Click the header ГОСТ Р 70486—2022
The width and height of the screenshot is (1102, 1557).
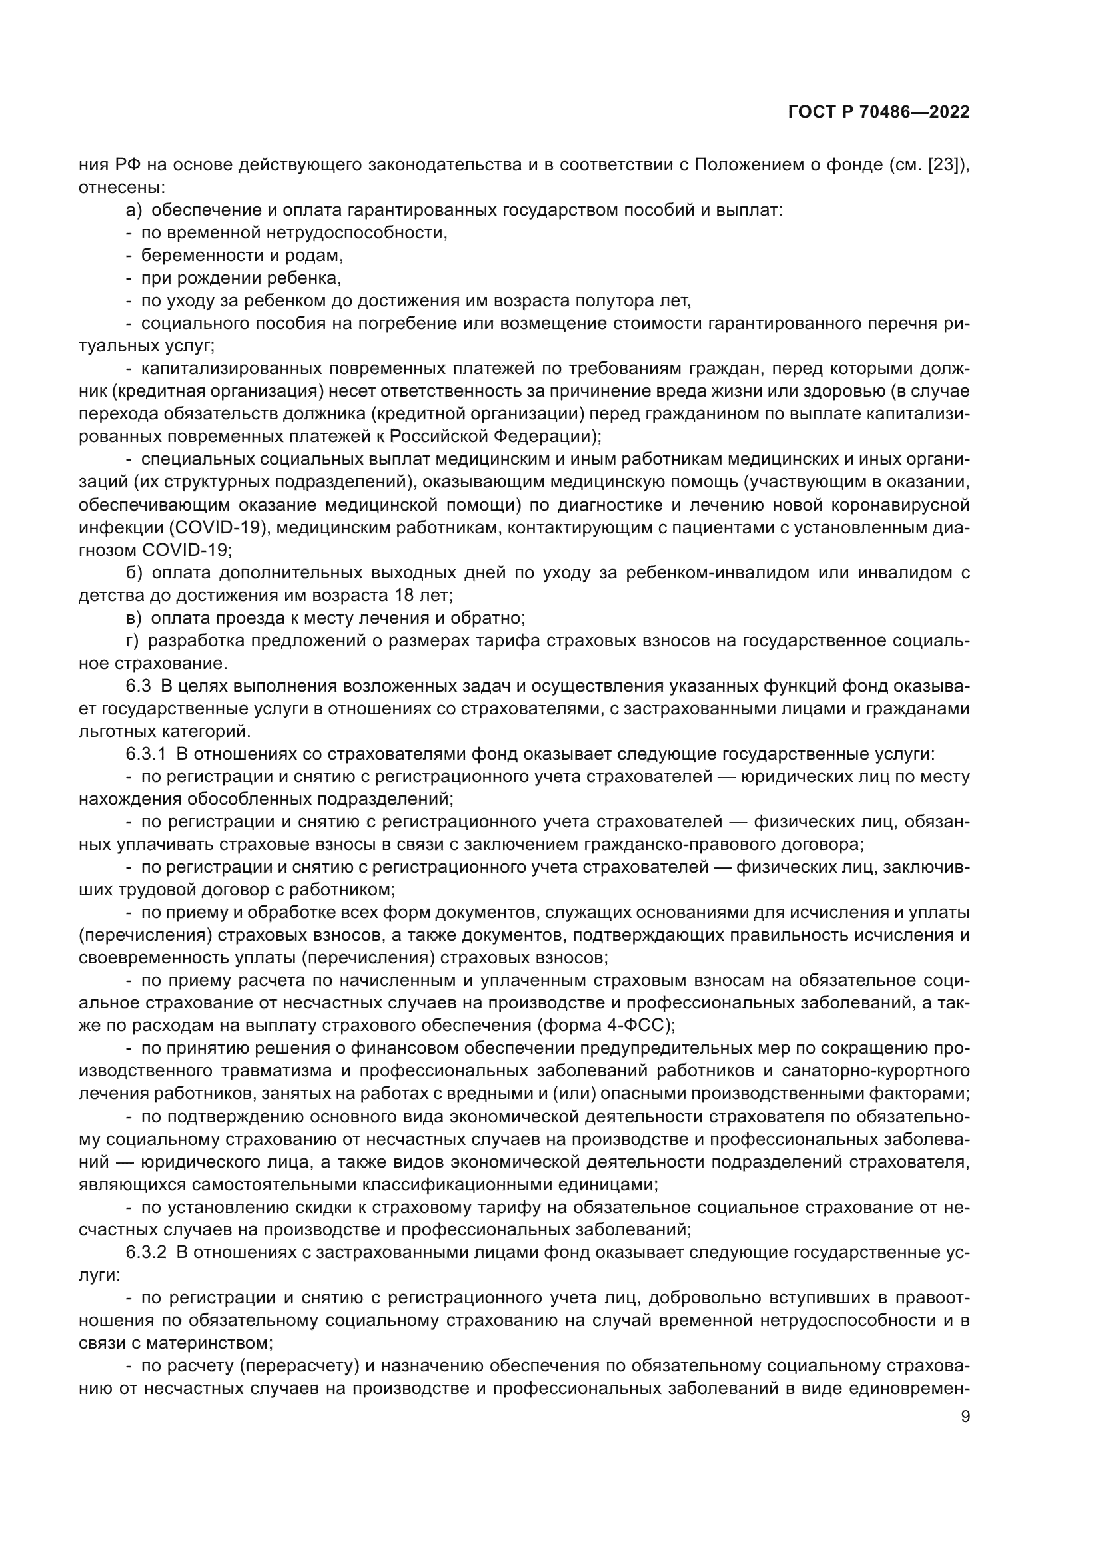[879, 112]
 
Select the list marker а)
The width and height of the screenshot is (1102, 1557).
[134, 210]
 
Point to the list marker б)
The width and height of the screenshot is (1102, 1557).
[134, 573]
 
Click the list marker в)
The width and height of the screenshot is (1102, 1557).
[134, 618]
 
